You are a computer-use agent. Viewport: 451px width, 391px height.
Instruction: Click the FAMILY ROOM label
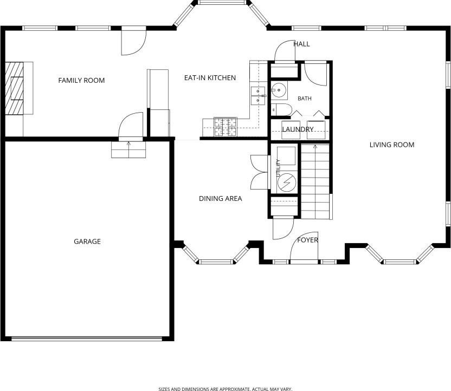point(81,81)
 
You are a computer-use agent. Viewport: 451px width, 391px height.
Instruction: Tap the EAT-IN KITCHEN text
point(210,78)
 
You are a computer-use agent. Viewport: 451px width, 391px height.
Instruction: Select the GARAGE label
point(87,242)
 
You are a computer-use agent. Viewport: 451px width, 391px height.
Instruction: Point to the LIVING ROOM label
point(392,145)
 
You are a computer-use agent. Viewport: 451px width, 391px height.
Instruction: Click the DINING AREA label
point(220,199)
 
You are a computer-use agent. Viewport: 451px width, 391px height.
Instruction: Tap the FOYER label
point(307,240)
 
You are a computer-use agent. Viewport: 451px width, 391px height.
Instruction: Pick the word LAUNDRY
point(298,129)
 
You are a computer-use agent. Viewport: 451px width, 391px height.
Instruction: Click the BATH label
point(305,99)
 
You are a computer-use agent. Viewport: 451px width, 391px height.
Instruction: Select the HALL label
point(302,44)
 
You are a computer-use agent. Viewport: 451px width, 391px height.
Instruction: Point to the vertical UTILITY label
point(278,168)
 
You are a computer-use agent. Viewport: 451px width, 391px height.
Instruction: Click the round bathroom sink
point(279,90)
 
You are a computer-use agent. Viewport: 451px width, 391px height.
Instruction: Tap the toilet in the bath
point(281,109)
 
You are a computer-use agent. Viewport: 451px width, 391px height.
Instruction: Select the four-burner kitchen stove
point(225,127)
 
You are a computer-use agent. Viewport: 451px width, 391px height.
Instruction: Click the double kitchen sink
point(258,96)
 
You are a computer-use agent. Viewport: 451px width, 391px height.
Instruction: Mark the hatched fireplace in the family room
point(15,88)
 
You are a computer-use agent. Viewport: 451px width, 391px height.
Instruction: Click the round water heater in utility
point(287,183)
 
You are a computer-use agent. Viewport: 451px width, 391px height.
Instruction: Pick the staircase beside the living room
point(315,181)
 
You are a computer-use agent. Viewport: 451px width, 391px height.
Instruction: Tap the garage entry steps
point(128,149)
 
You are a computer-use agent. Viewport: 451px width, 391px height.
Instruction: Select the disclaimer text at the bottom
point(225,389)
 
